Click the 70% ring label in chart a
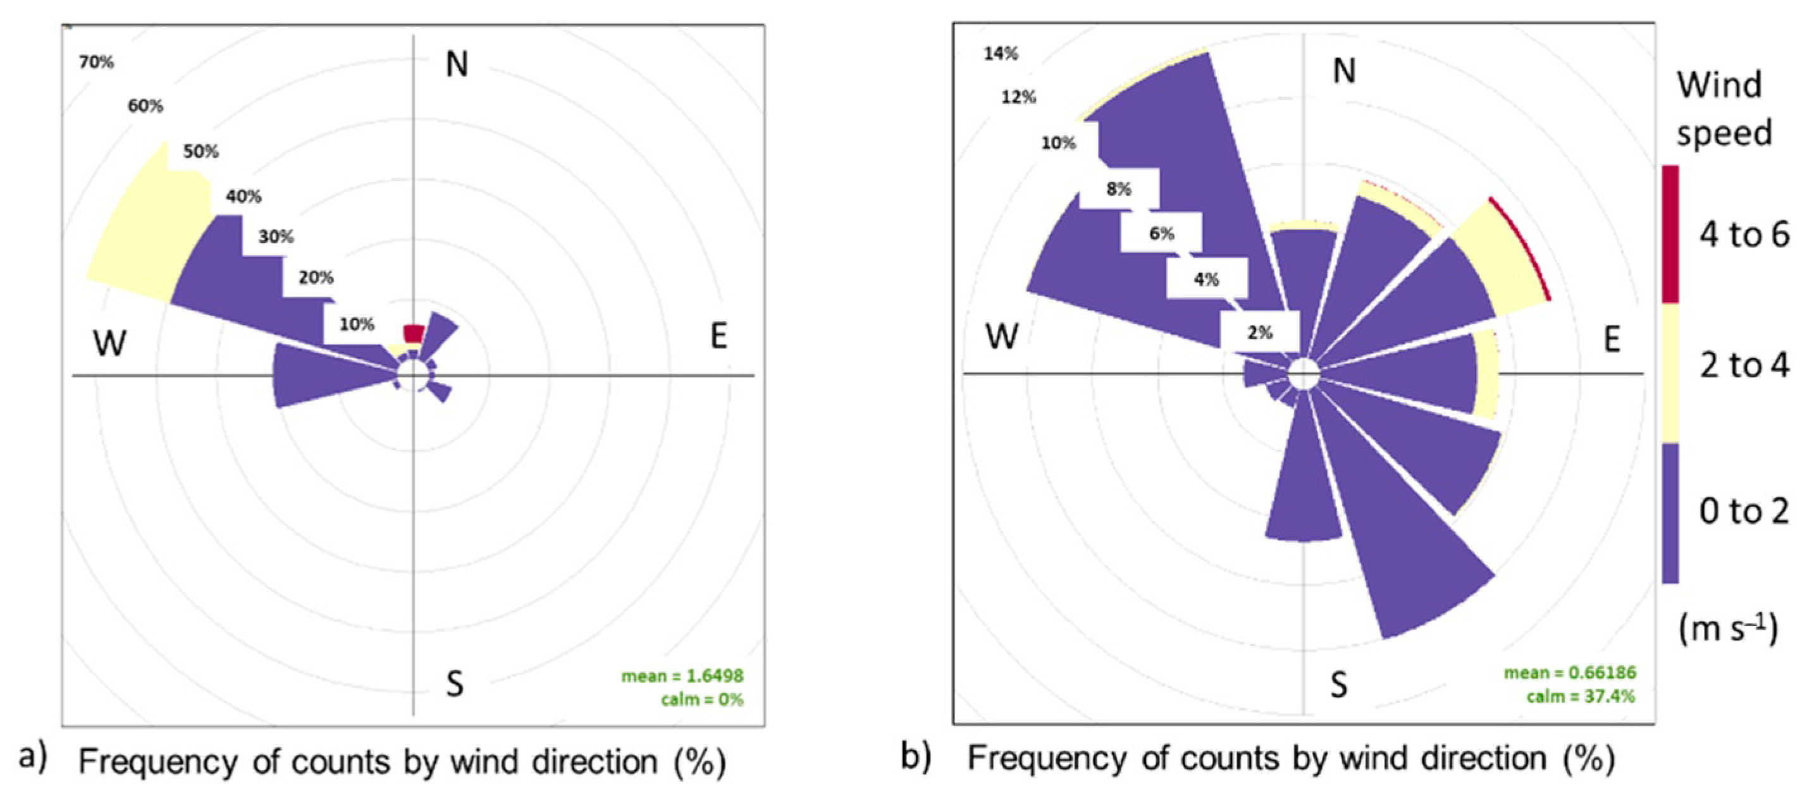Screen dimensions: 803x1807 96,63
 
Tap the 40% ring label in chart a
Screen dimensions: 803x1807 244,197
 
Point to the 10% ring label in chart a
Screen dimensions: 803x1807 356,324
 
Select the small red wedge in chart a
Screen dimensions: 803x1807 414,333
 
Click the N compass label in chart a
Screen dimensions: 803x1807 457,64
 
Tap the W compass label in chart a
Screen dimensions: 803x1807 110,343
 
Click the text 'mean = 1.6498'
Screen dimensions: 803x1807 682,676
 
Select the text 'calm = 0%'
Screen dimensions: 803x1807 701,699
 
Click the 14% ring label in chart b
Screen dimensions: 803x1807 1001,53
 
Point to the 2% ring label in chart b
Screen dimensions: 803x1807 1260,332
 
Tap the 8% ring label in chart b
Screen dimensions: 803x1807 1119,188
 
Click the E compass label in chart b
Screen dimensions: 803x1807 1612,340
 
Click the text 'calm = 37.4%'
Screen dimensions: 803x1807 1581,696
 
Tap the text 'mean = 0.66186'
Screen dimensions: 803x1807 1570,673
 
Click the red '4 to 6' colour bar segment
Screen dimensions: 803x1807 1670,233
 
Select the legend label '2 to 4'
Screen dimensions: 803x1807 1744,366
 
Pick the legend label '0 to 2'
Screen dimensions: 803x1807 1744,512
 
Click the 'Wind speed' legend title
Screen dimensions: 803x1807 1724,109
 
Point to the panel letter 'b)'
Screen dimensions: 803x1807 916,757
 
